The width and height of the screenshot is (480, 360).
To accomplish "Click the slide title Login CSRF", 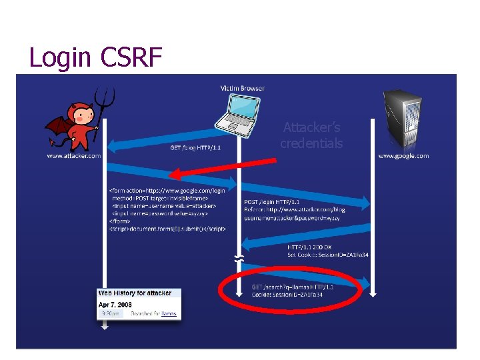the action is [95, 58].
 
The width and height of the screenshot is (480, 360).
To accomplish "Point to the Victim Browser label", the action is [242, 88].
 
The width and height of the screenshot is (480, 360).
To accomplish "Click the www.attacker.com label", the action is [74, 156].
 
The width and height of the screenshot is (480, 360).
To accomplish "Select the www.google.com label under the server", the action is [403, 156].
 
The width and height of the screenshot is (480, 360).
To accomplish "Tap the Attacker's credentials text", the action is [311, 135].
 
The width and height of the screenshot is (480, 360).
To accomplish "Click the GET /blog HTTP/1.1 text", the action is [195, 148].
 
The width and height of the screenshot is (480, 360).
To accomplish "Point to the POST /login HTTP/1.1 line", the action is [272, 201].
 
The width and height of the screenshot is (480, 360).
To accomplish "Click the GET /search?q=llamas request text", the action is [293, 287].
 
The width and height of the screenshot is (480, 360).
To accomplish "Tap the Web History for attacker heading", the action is [135, 293].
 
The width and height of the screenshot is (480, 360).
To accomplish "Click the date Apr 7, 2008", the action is [116, 303].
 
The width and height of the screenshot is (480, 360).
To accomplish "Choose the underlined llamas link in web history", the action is [169, 313].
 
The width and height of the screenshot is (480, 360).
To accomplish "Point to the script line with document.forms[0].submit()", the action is [167, 229].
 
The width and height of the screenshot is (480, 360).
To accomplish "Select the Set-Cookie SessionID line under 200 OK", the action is [328, 254].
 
